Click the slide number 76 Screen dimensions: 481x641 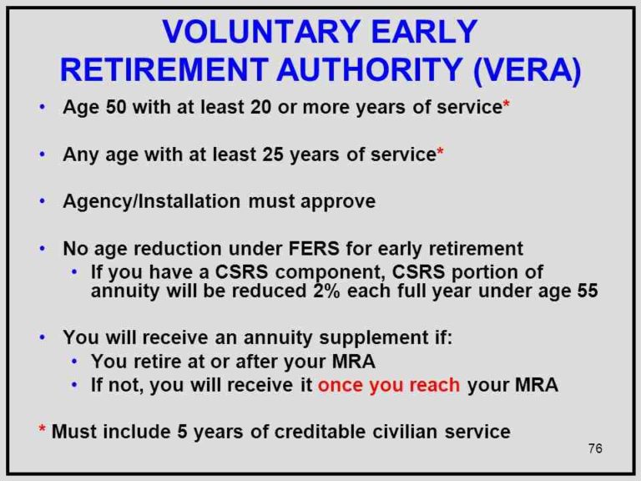594,449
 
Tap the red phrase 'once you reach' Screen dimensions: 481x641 390,385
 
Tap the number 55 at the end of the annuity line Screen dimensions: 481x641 587,292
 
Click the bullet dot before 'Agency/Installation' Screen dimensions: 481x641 43,202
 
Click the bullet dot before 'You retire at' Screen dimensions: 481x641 75,362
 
